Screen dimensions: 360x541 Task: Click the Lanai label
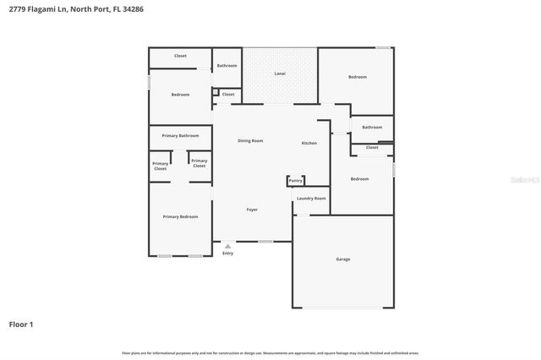pos(280,74)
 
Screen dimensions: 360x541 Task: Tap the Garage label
pos(342,259)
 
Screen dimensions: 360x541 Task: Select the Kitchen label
pos(309,143)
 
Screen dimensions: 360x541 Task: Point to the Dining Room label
pos(250,140)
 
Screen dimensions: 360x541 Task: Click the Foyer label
pos(252,209)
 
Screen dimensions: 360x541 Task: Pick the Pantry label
pos(295,180)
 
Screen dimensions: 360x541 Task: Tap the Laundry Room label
pos(311,198)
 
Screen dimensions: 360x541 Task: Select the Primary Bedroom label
pos(180,216)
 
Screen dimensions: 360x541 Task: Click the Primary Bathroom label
pos(180,135)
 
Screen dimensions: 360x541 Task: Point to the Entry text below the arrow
pos(227,254)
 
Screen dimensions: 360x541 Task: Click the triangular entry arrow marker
pos(227,246)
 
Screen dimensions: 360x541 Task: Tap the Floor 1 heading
pos(21,324)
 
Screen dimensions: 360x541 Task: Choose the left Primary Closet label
pos(160,166)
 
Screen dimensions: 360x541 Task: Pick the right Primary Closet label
pos(199,162)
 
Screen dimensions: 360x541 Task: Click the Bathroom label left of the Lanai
pos(227,65)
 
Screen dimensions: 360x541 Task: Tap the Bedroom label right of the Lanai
pos(358,77)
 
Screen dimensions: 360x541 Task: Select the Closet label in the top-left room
pos(180,56)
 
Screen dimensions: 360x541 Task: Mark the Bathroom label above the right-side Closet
pos(372,127)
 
